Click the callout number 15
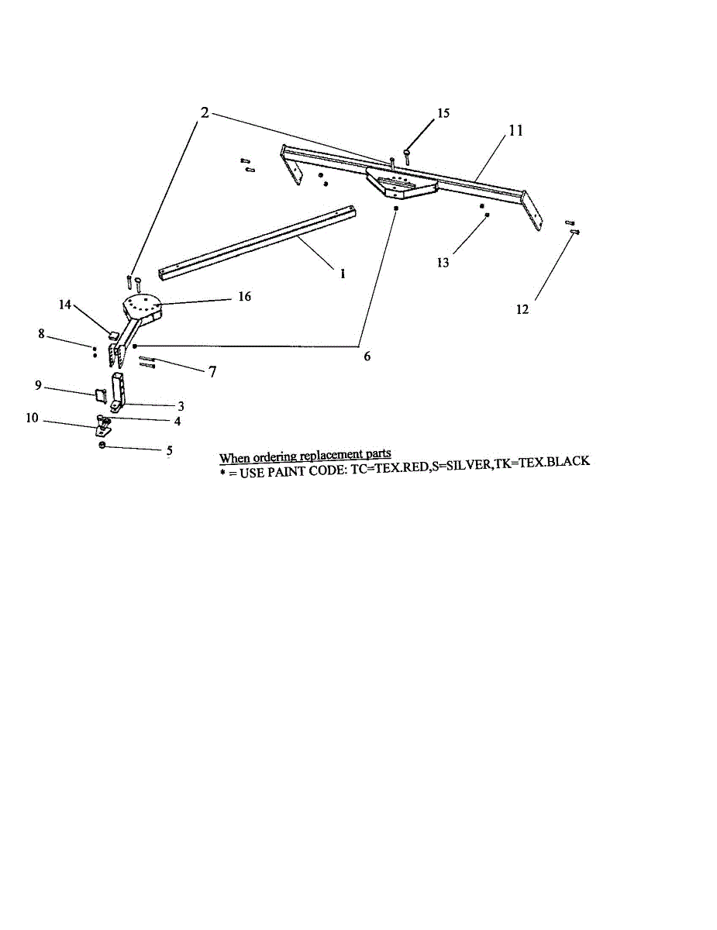point(443,113)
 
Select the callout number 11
point(515,131)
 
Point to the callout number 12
point(522,309)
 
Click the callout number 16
point(244,297)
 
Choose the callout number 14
point(65,305)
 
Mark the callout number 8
point(41,334)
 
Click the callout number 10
point(33,418)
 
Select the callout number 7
point(211,371)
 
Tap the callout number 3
point(181,405)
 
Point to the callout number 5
point(169,449)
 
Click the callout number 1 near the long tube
point(343,274)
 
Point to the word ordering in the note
point(276,456)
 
